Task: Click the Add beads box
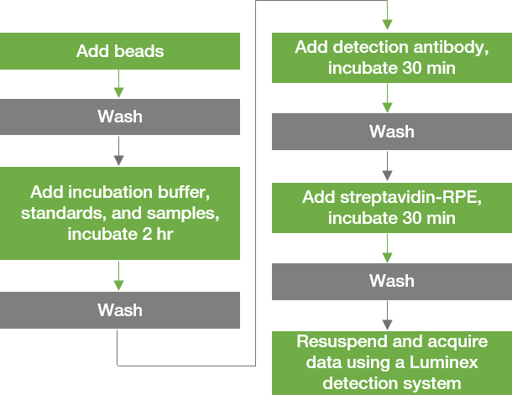120,51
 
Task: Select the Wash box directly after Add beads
120,117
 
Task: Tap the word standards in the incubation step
56,213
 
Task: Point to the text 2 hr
153,234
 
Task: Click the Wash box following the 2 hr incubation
120,310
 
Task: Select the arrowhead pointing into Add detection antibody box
387,25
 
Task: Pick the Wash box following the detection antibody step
391,132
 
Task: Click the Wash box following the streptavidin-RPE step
391,280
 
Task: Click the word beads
142,51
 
